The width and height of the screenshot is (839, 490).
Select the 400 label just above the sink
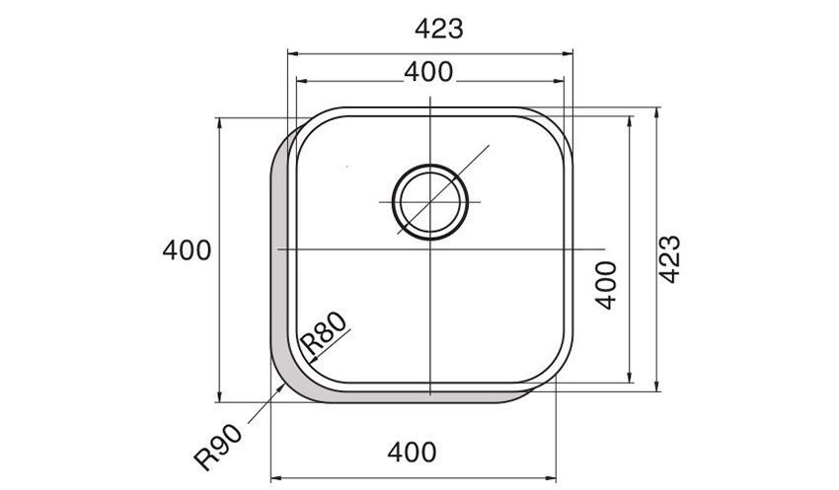(428, 71)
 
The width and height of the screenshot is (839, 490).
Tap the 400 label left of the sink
(187, 250)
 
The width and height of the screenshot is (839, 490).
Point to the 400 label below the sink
(411, 453)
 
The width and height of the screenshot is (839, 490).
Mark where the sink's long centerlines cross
(430, 249)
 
